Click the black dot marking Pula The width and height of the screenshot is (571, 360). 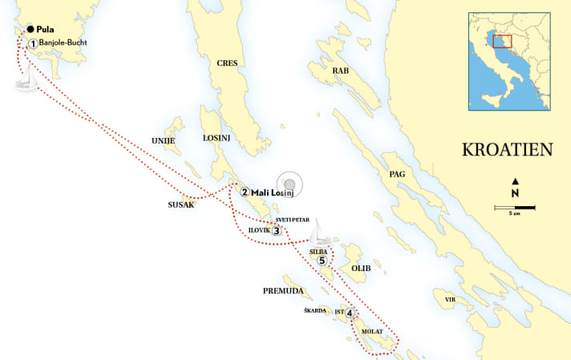pos(30,29)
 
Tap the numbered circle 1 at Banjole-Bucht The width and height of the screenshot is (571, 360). pos(33,43)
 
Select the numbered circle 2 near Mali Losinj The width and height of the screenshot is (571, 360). pos(245,192)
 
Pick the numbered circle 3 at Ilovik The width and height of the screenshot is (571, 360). pos(277,231)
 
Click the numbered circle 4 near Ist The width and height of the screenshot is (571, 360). pos(350,313)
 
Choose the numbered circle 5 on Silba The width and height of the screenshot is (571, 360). pos(322,260)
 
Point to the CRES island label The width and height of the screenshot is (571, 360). pos(228,63)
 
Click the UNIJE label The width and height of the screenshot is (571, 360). pos(163,140)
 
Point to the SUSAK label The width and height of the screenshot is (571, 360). pos(181,204)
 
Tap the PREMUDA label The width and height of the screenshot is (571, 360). pos(281,289)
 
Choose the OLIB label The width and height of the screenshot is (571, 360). pos(361,267)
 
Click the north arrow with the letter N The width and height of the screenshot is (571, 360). pos(515,188)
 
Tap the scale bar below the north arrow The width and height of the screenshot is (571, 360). pos(515,208)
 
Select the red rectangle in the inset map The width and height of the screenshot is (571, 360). pos(502,41)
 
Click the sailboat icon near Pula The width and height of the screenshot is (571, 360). pos(28,79)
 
